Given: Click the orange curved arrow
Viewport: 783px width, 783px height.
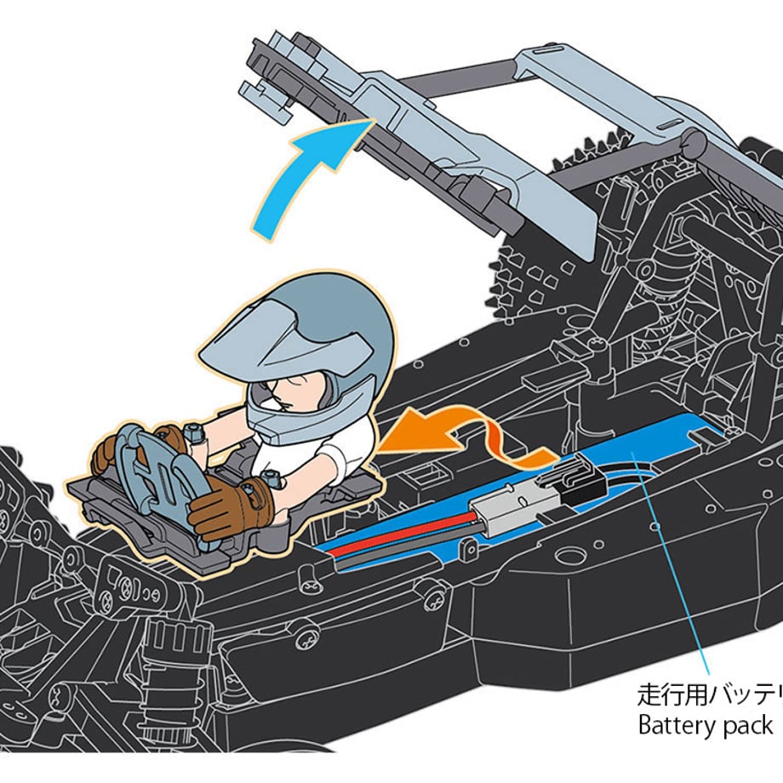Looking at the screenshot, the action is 443,430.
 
